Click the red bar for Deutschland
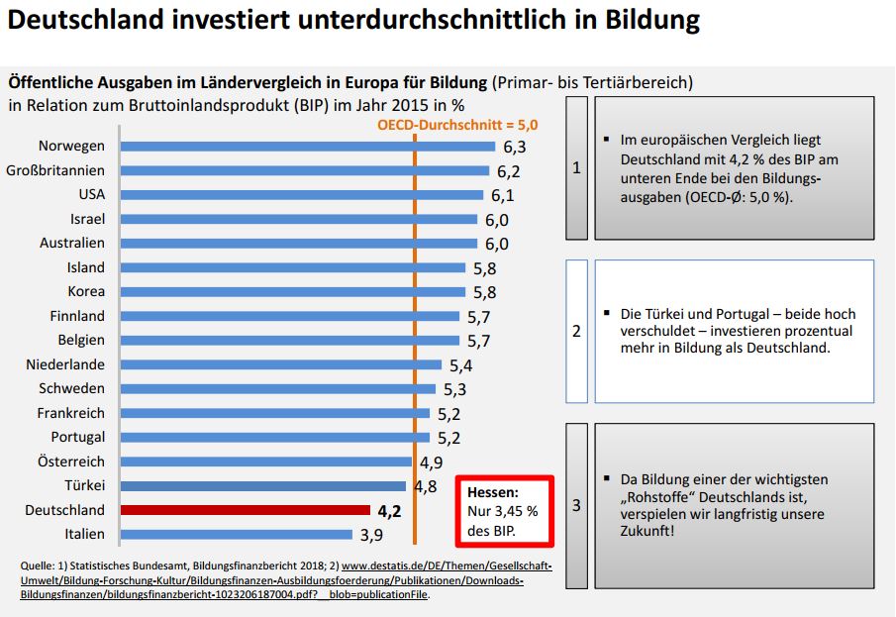(x=245, y=510)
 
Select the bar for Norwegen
(x=307, y=146)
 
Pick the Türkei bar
(x=262, y=486)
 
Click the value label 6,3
(x=515, y=147)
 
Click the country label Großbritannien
(x=55, y=170)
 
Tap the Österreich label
(x=72, y=462)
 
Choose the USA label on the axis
(x=91, y=194)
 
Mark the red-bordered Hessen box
(x=505, y=511)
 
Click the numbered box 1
(x=576, y=168)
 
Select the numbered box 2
(x=576, y=331)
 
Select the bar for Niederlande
(x=280, y=364)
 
